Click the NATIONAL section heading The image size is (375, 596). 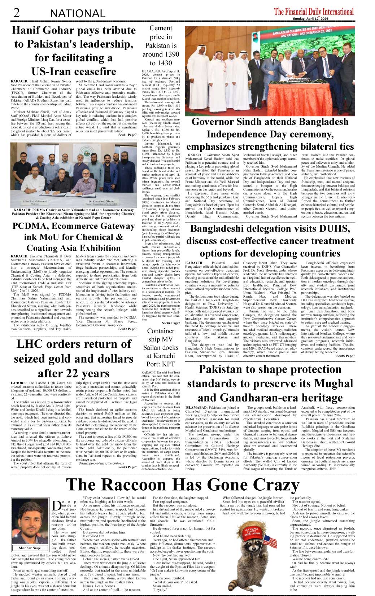[x=78, y=14]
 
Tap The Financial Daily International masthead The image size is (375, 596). [x=314, y=12]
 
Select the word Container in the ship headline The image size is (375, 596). [x=161, y=331]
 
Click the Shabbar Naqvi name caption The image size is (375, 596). [x=30, y=548]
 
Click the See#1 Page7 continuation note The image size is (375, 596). [x=127, y=135]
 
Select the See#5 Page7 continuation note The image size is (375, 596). [x=345, y=356]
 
